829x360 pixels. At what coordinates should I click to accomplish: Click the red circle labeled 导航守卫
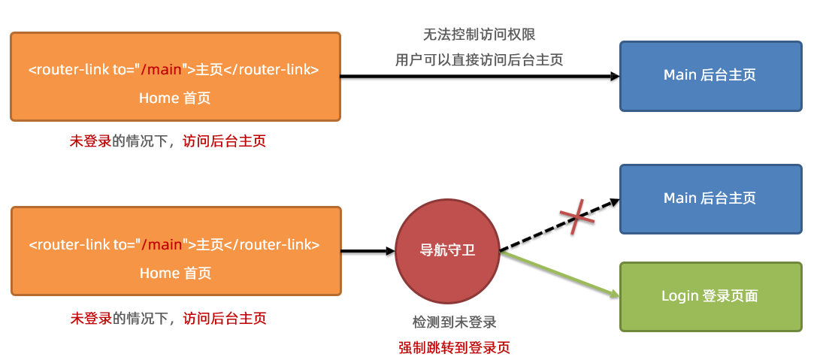tap(447, 250)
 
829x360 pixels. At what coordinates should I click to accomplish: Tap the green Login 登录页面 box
tap(710, 296)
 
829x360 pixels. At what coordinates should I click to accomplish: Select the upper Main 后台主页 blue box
tap(710, 75)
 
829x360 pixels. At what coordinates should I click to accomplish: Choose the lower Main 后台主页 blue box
tap(710, 198)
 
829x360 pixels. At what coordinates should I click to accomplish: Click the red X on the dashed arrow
tap(576, 219)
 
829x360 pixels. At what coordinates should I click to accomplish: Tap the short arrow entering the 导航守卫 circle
tap(368, 250)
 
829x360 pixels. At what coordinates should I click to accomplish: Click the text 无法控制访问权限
tap(480, 35)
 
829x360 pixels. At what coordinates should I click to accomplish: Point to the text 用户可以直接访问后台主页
tap(479, 60)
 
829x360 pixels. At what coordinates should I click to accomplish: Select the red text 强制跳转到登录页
tap(454, 348)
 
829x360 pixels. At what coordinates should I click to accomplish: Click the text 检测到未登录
tap(454, 322)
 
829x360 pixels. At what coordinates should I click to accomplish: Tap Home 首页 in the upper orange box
tap(175, 98)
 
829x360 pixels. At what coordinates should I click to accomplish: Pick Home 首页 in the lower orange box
tap(175, 273)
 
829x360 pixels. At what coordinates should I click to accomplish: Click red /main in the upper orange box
tap(162, 71)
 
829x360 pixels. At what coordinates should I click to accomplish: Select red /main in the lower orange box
tap(162, 245)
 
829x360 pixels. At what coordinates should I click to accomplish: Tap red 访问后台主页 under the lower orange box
tap(225, 318)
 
